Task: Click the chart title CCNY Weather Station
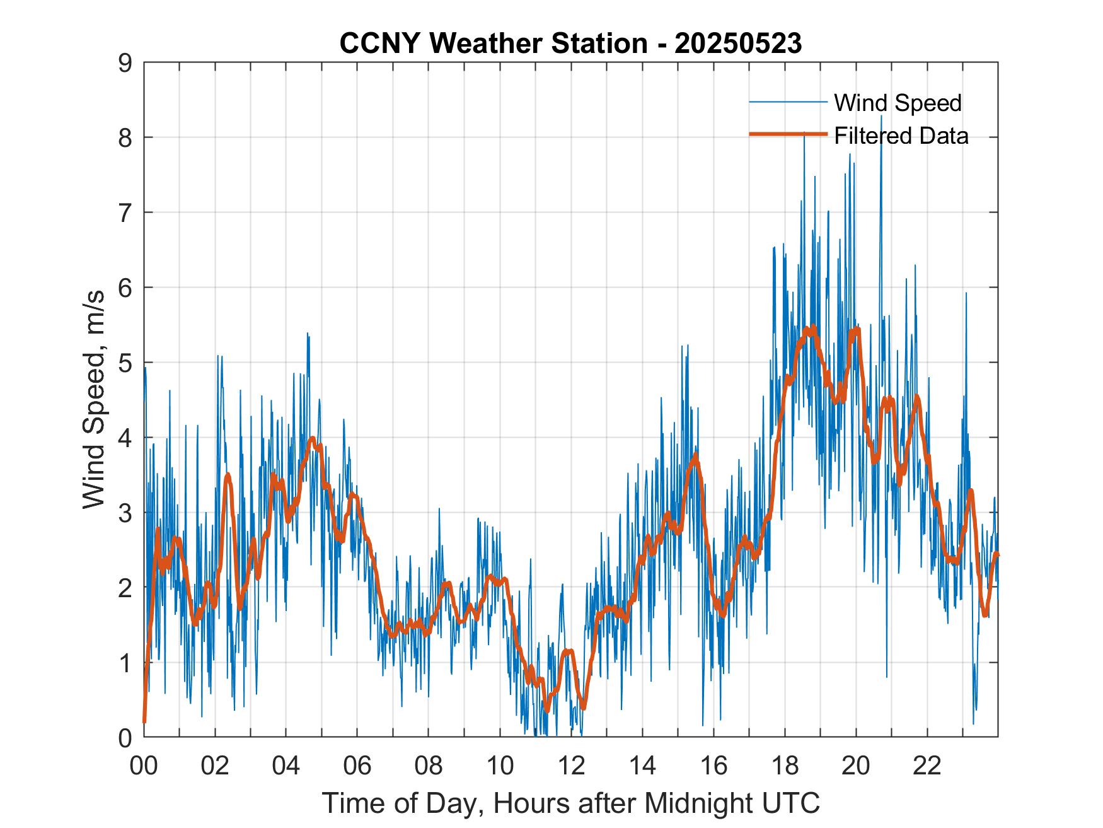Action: [x=493, y=44]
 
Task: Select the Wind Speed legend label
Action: [x=898, y=103]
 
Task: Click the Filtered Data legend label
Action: [x=901, y=136]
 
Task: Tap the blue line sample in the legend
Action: [x=787, y=102]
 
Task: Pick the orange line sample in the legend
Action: [x=787, y=134]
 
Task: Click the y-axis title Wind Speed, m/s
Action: [x=94, y=400]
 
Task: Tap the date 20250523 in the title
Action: [x=738, y=44]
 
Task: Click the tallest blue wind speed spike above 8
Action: [x=881, y=117]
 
